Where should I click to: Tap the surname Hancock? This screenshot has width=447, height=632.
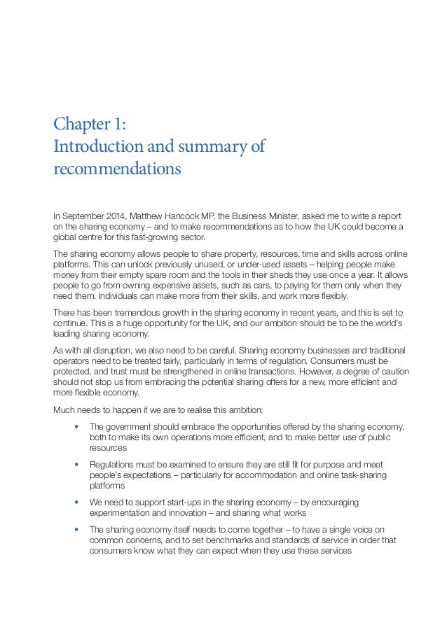[187, 216]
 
